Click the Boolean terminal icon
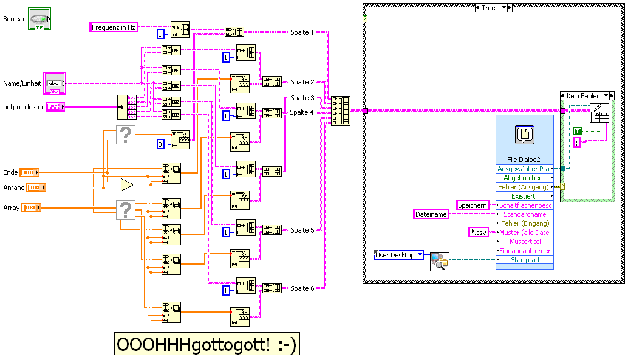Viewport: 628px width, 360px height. pos(39,19)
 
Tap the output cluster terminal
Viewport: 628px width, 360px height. pos(55,107)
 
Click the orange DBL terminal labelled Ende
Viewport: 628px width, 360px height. pos(29,172)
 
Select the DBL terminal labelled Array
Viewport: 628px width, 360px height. pos(31,208)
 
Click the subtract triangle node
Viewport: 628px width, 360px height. pos(127,185)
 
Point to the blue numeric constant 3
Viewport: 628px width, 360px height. pos(160,144)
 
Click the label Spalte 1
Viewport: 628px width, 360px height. pos(302,32)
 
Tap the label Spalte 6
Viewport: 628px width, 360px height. pos(302,288)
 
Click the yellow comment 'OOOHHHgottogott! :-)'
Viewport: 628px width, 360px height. pos(207,344)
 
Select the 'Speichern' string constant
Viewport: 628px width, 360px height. pos(473,205)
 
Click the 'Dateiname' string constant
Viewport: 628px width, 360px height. pos(431,214)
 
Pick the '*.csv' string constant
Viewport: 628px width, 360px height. pos(478,232)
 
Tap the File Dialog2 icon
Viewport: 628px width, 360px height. pos(524,135)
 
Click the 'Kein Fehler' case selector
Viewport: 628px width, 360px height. pos(587,96)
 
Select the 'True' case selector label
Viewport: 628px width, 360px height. pos(493,8)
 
